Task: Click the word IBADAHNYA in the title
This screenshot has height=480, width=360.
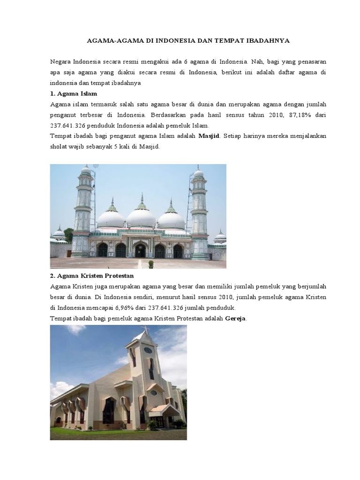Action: tap(268, 41)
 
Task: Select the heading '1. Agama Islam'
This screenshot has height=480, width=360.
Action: tap(74, 94)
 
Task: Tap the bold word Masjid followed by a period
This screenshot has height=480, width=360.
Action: tap(209, 136)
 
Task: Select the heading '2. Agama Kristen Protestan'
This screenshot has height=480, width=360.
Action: tap(92, 276)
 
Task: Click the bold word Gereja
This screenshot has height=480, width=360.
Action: tap(235, 319)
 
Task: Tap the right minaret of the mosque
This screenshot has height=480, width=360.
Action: tap(199, 211)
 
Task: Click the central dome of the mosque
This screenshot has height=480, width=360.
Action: tap(141, 217)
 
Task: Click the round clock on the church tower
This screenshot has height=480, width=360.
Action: tap(148, 350)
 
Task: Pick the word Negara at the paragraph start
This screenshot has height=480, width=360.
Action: tap(61, 61)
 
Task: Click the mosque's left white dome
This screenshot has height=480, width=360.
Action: tap(111, 218)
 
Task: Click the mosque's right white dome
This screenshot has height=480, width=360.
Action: tap(171, 219)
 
